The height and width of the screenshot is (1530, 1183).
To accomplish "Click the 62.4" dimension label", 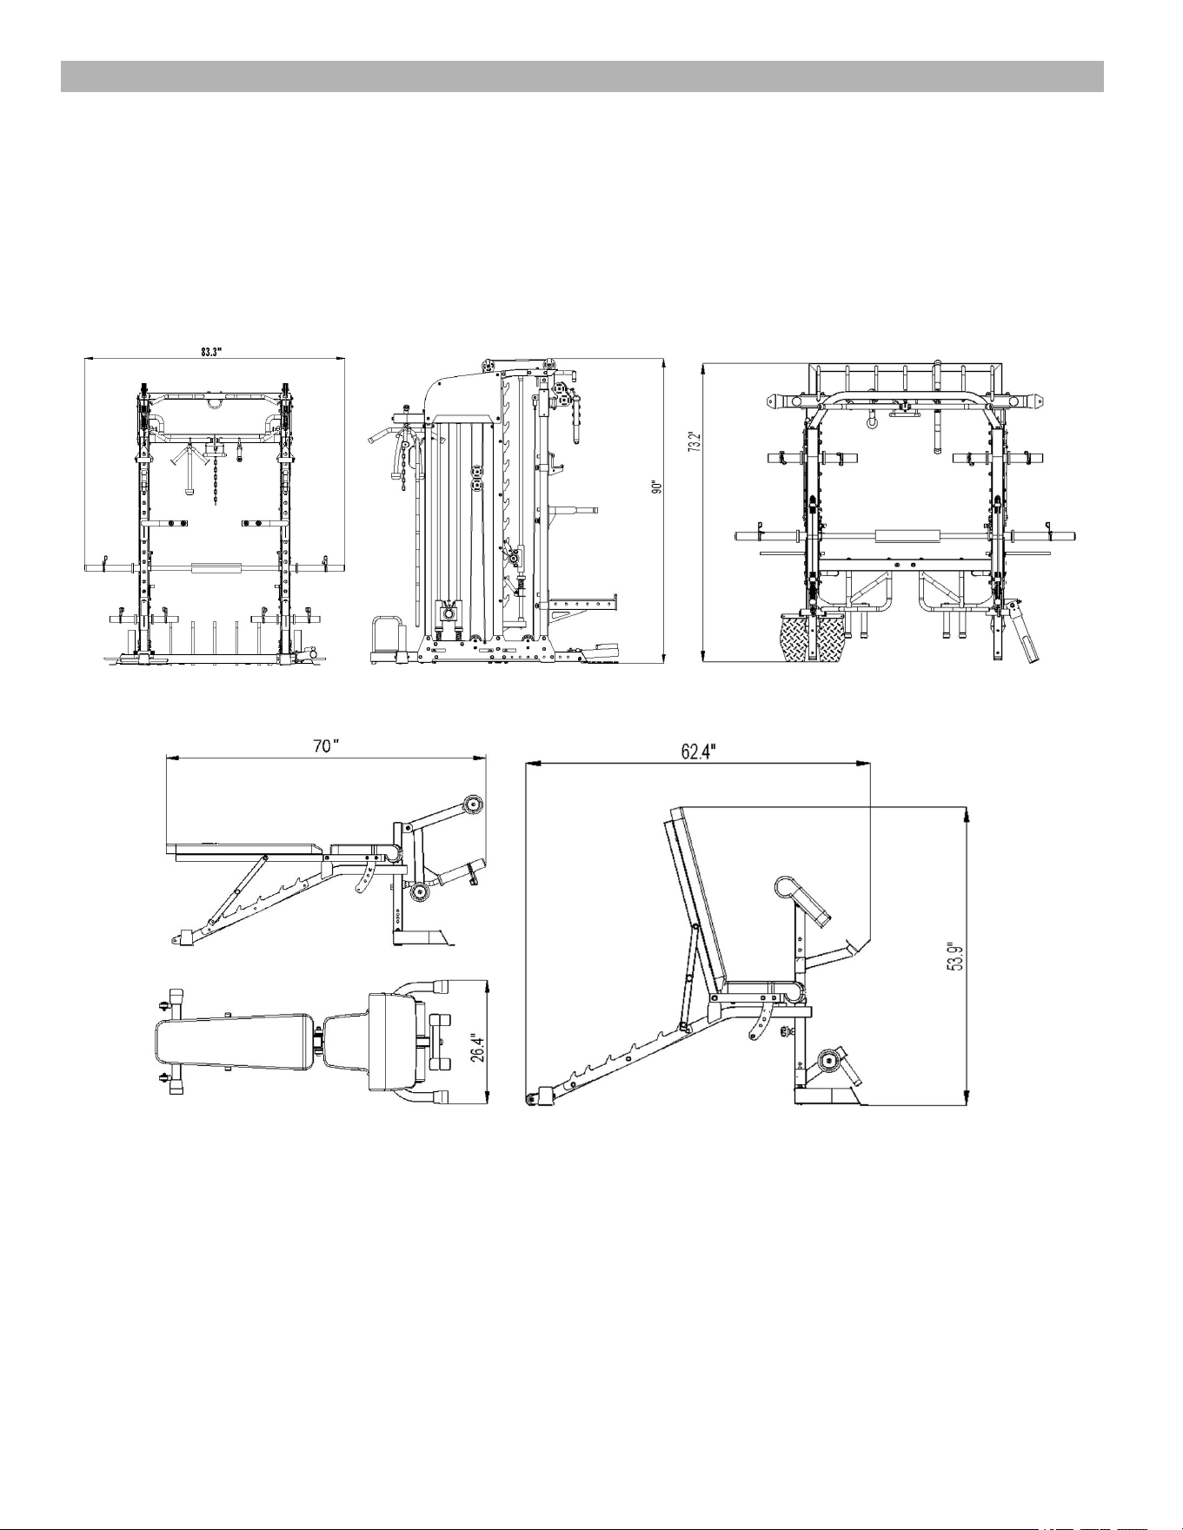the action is [x=699, y=752].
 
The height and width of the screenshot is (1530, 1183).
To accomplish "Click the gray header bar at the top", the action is [x=582, y=76].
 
